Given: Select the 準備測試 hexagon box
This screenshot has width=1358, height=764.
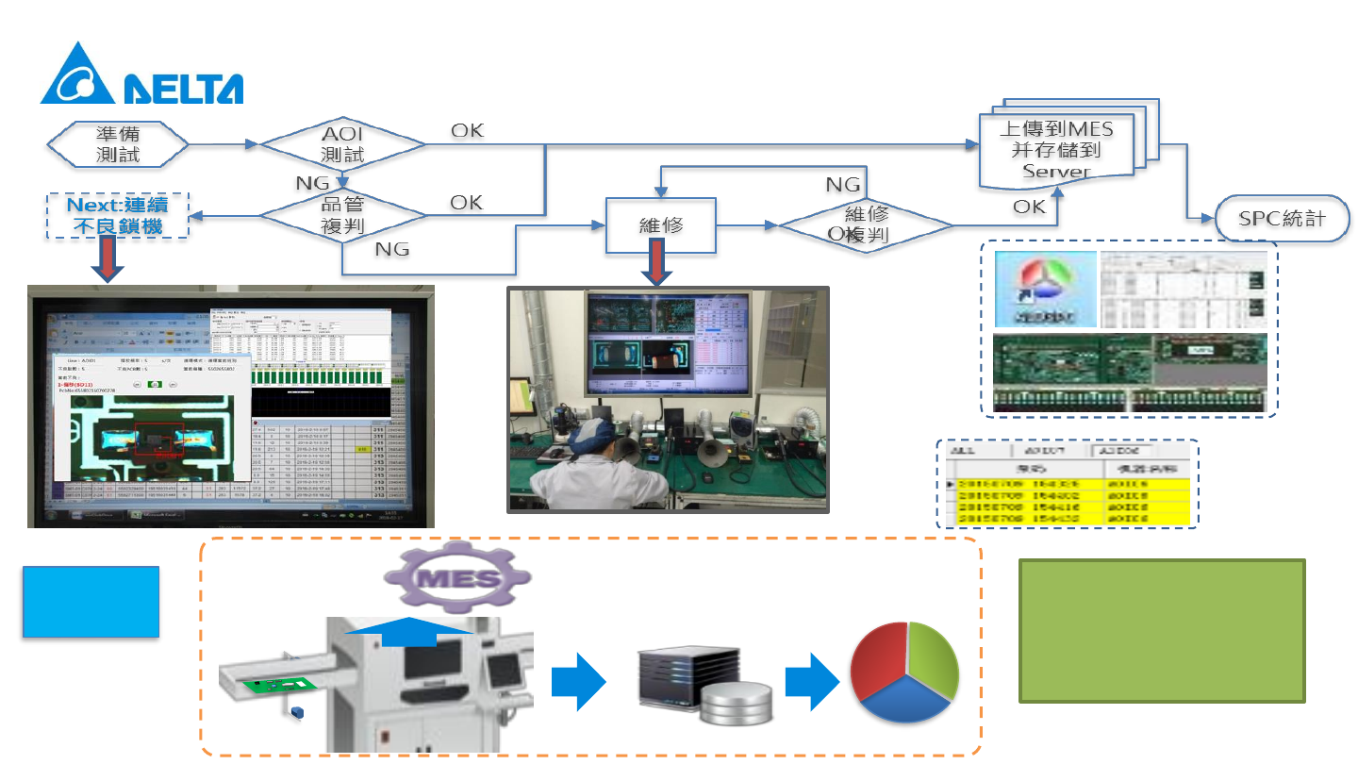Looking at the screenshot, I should click(119, 144).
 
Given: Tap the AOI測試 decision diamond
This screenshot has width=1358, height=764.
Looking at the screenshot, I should click(342, 144).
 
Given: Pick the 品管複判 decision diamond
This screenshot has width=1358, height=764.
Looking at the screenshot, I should click(342, 217).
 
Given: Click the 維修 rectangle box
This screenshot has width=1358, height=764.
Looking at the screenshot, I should click(660, 226).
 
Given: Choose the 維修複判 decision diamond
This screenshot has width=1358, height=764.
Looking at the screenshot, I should click(864, 224).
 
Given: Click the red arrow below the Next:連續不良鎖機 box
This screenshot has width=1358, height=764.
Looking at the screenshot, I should click(109, 260).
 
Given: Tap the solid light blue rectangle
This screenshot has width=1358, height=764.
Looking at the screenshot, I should click(91, 602).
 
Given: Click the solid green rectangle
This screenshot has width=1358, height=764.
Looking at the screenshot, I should click(1162, 630).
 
